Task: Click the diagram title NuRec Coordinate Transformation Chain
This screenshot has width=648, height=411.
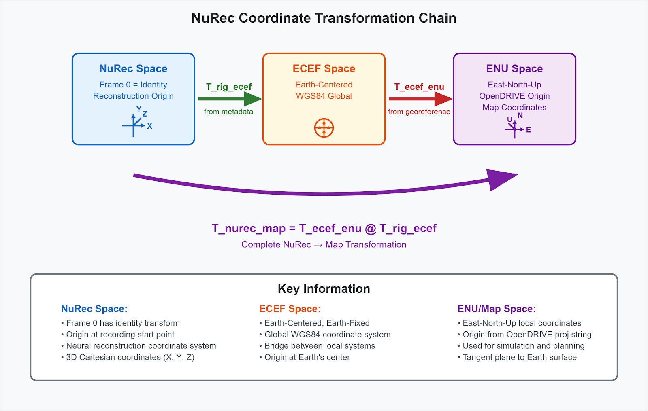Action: (x=324, y=18)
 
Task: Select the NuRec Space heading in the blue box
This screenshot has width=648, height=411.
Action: (x=133, y=69)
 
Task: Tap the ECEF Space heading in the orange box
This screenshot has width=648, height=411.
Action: (x=324, y=69)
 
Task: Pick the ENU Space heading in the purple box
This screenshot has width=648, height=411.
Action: (x=514, y=69)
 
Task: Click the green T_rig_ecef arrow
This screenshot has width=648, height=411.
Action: (x=229, y=99)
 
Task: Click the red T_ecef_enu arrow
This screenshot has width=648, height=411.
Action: (x=420, y=99)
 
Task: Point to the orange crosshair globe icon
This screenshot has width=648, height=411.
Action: (x=324, y=128)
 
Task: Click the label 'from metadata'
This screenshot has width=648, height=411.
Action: (x=228, y=112)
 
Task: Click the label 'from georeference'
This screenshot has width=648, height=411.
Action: (x=419, y=112)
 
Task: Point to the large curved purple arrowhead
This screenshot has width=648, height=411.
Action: (x=501, y=179)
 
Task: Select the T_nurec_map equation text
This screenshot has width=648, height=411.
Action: (x=324, y=229)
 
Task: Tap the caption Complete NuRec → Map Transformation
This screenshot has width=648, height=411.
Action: (x=324, y=245)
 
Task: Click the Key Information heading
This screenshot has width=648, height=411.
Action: (x=324, y=289)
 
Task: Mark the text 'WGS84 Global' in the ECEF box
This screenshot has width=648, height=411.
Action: (x=324, y=96)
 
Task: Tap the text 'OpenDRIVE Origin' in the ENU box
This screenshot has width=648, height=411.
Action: (x=514, y=96)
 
